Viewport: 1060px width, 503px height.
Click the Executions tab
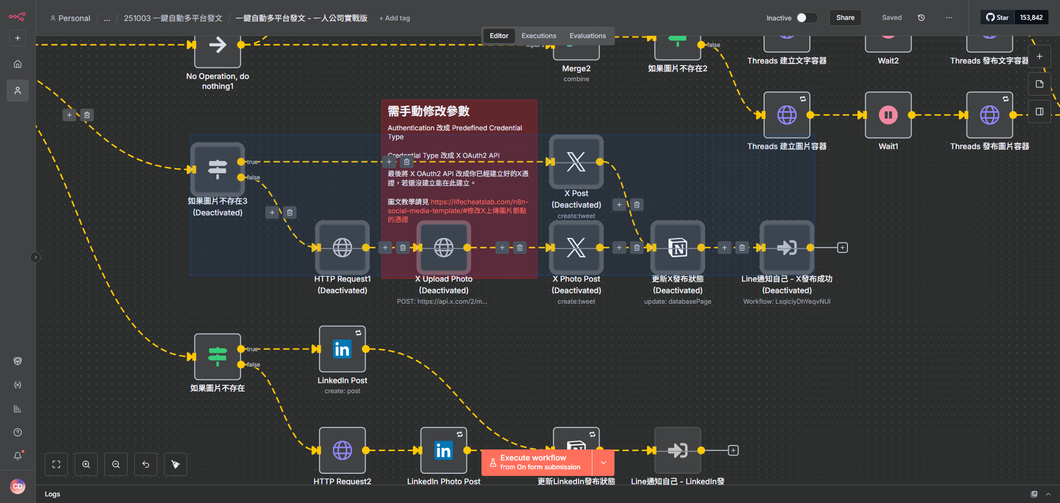[538, 36]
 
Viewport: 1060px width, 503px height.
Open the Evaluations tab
[587, 36]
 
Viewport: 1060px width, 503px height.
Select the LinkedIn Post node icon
[342, 349]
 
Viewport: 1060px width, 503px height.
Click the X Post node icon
[576, 162]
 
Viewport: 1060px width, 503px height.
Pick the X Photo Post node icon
[576, 247]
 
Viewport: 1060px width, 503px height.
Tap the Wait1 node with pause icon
[888, 115]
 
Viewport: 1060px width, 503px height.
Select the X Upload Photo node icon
[443, 247]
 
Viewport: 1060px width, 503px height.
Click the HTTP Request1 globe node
[342, 247]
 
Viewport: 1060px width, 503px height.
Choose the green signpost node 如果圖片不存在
[218, 357]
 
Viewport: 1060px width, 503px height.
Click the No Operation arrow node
[218, 45]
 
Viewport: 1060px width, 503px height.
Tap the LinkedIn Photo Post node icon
[443, 451]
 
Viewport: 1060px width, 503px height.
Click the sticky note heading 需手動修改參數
[428, 112]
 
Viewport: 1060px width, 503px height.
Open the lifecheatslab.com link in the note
[479, 202]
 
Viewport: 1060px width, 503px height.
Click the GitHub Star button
[998, 18]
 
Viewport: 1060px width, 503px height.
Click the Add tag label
[395, 18]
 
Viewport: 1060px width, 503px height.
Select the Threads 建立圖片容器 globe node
[786, 115]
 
